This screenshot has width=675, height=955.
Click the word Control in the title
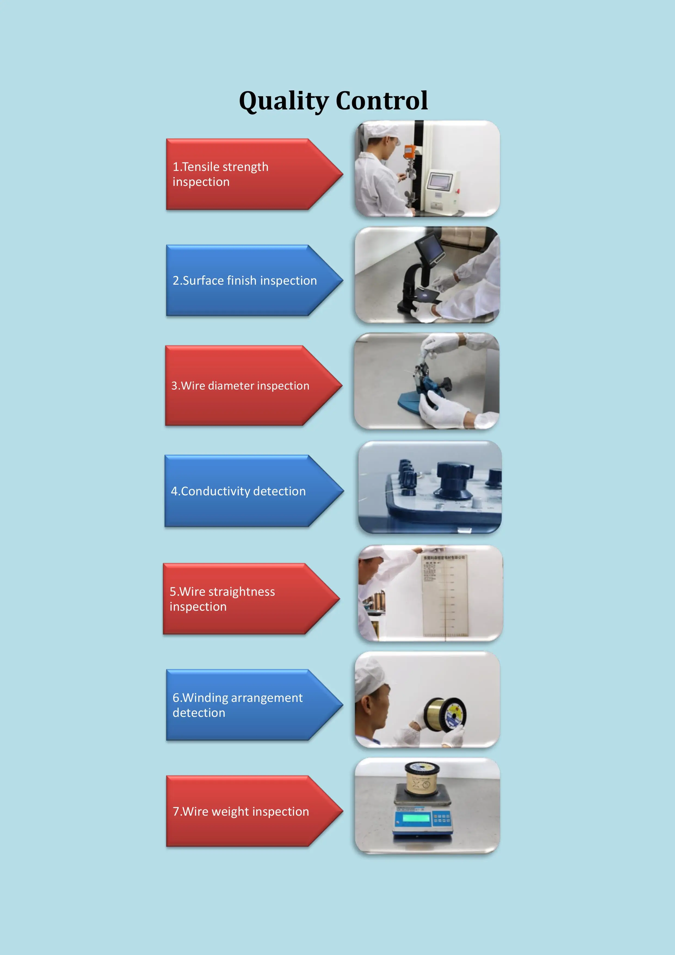coord(381,101)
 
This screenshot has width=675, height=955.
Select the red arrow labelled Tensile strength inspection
coord(249,174)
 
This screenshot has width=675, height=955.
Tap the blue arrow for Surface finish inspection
coord(249,280)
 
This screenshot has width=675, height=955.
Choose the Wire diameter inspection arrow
coord(249,386)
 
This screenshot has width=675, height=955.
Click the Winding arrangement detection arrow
coord(249,705)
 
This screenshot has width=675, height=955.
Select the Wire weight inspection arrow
coord(249,811)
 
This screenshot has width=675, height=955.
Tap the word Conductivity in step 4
coord(215,491)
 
